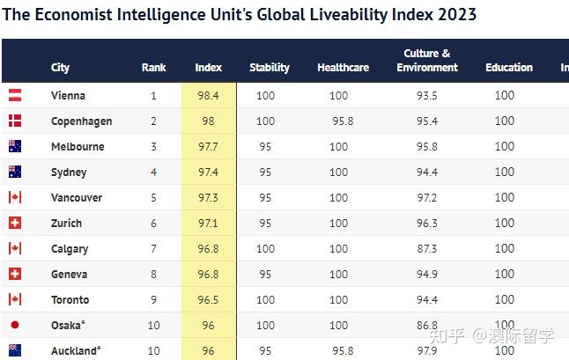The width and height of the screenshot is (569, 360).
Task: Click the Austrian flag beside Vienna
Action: tap(15, 95)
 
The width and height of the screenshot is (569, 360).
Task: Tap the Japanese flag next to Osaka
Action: tap(15, 325)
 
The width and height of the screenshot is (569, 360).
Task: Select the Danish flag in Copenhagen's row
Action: tap(15, 121)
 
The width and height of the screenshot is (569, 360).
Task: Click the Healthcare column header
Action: tap(343, 68)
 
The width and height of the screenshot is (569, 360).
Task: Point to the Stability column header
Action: tap(270, 68)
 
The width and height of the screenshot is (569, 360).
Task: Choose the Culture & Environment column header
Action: tap(427, 60)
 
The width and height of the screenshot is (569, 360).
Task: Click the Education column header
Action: tap(509, 68)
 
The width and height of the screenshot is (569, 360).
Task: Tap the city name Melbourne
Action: tap(78, 146)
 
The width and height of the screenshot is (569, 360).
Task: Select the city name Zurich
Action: tap(66, 223)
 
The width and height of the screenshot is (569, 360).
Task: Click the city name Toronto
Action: tap(70, 300)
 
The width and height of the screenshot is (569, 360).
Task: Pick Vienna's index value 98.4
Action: tap(208, 95)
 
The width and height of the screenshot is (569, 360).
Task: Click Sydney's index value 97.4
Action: tap(208, 172)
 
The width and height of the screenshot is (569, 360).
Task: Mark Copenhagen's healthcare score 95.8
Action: tap(343, 121)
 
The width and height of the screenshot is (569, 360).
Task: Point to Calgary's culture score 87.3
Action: tap(426, 249)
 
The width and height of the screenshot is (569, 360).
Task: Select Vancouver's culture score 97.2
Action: tap(426, 197)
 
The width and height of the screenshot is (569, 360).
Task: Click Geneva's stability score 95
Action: tap(265, 274)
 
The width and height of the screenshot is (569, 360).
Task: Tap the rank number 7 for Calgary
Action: tap(153, 249)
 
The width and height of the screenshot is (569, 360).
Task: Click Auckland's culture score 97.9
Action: tap(426, 350)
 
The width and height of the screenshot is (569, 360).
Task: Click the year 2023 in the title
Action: tap(457, 14)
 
